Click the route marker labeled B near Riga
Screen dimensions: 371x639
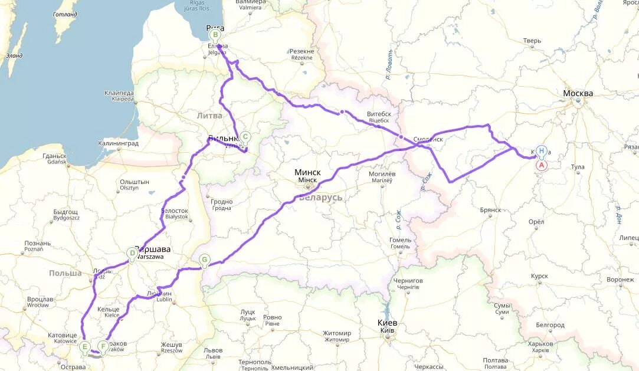214,34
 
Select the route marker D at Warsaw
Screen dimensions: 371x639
132,254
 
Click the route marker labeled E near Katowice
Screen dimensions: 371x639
85,346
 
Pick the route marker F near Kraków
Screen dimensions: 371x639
103,346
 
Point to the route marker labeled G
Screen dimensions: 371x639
204,259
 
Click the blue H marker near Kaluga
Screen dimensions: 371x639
541,150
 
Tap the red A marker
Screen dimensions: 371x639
540,165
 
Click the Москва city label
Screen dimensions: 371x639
578,94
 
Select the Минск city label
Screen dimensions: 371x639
307,172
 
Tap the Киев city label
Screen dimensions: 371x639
387,323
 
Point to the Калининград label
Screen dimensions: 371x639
119,143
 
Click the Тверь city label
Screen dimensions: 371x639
532,41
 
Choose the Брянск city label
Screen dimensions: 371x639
490,209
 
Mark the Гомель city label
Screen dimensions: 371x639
400,240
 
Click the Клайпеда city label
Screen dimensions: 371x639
119,93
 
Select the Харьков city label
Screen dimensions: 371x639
541,343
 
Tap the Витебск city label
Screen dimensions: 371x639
379,113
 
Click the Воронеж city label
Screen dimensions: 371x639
620,280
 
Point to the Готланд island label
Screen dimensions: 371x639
65,14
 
